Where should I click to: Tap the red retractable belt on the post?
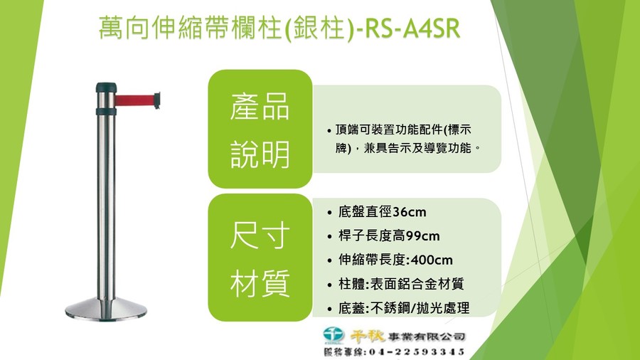[134, 100]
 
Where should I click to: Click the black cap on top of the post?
[106, 88]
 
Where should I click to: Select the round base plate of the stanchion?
[106, 308]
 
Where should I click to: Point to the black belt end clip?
[157, 100]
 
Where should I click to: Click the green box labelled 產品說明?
[260, 129]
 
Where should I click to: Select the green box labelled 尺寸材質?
[260, 258]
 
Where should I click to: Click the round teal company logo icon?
[334, 334]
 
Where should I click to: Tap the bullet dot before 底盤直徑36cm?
[329, 213]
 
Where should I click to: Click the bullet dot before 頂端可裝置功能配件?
[329, 131]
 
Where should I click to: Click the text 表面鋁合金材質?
[417, 284]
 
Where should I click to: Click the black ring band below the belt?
[106, 112]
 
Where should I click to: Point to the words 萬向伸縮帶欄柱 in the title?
[191, 28]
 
